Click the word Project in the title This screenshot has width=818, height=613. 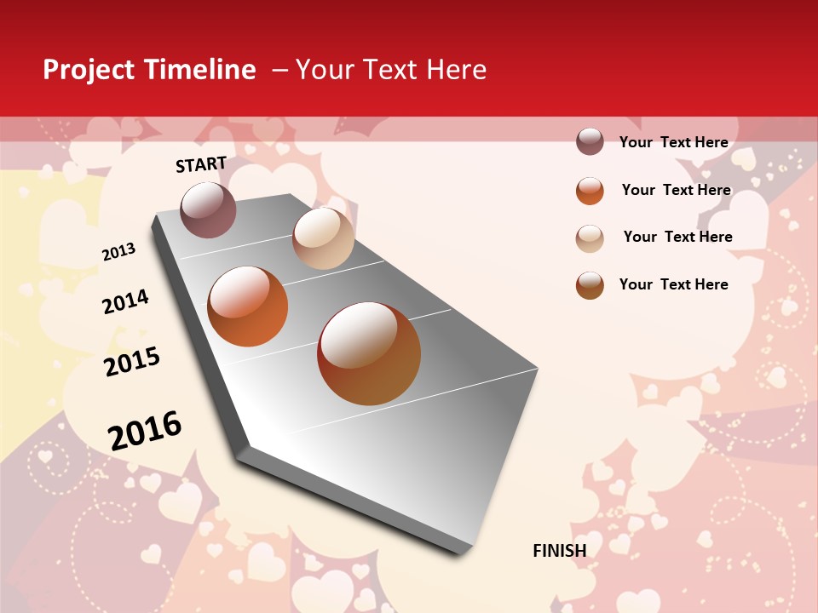coord(89,71)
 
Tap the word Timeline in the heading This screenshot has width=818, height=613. coord(199,70)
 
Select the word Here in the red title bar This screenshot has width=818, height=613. coord(456,70)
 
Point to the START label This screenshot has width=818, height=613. coord(201,164)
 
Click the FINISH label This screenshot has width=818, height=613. coord(559,551)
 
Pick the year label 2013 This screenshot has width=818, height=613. coord(118,251)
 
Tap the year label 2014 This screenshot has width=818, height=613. coord(125,301)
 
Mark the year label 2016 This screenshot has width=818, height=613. coord(145,431)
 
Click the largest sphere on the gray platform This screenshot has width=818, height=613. coord(369,353)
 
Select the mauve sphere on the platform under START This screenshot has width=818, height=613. coord(208,209)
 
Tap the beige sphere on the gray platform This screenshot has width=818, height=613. coord(323,238)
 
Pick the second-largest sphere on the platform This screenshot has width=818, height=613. coord(248,306)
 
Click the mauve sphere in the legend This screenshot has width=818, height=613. coord(590,141)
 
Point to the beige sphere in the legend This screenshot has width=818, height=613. coord(590,238)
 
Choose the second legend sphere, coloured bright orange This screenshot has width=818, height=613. coord(590,191)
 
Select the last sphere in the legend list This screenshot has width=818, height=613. coord(590,286)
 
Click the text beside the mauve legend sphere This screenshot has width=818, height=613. coord(673,142)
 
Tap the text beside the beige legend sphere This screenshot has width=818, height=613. coord(677,237)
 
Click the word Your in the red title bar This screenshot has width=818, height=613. coord(325,70)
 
